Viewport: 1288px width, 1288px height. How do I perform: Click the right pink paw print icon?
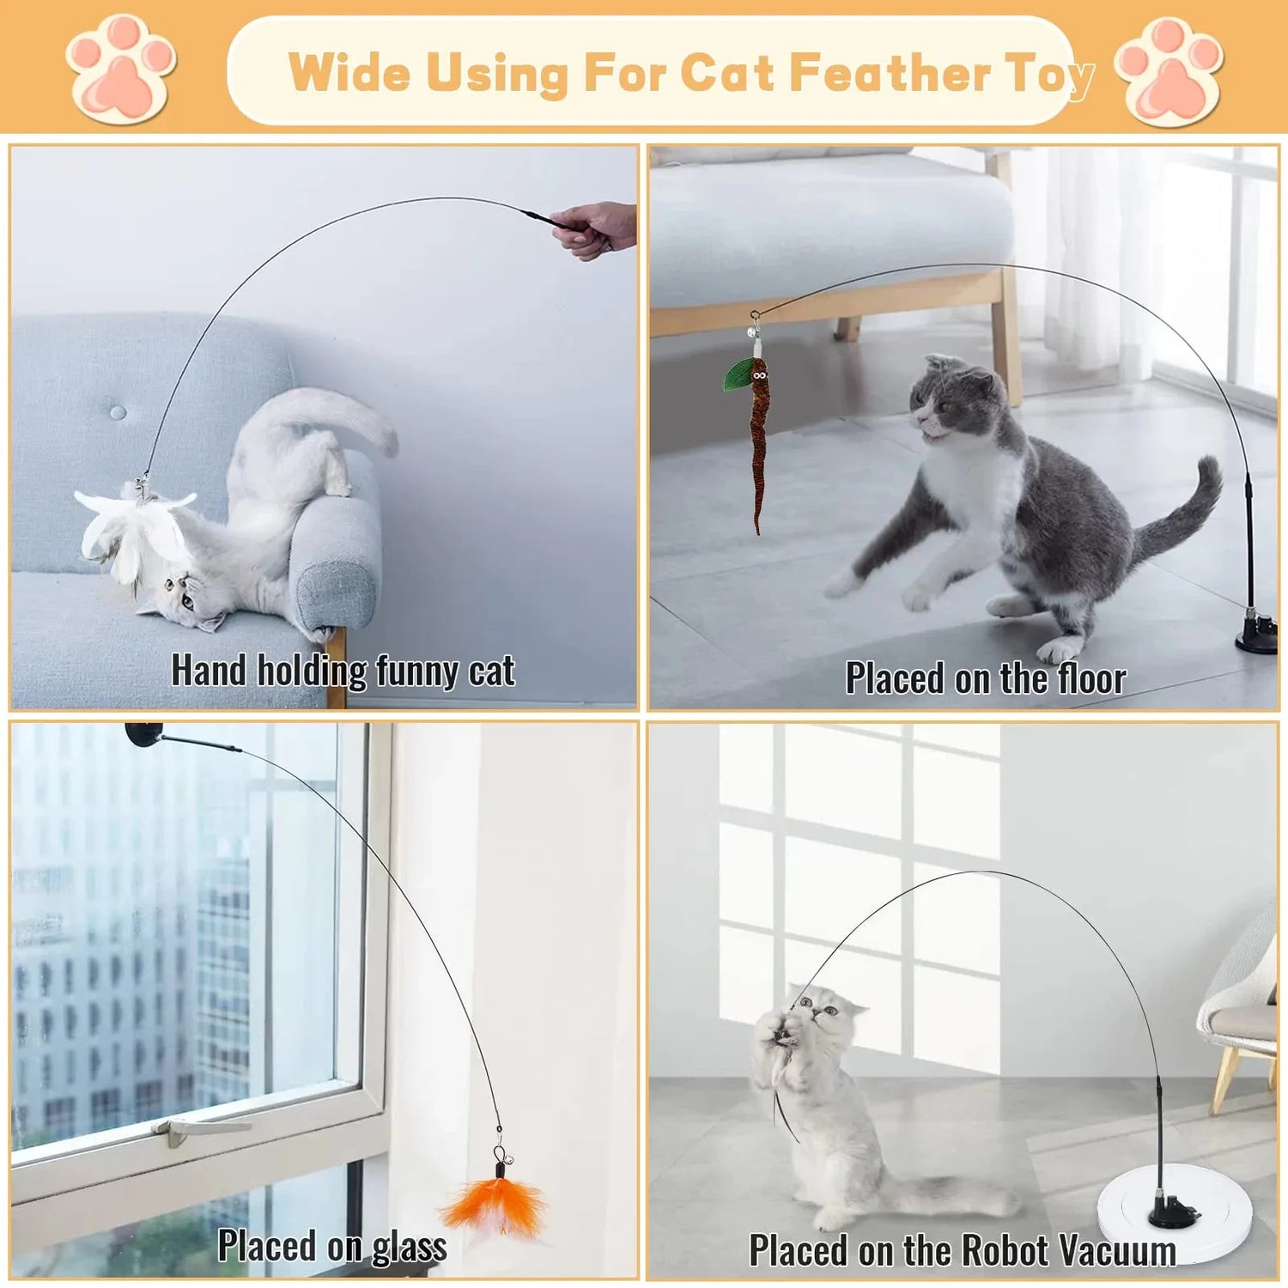coord(1170,72)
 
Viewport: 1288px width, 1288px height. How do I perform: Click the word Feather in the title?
coord(890,72)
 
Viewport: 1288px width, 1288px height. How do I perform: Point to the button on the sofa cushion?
coord(118,413)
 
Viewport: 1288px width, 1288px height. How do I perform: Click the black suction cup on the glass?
coord(143,735)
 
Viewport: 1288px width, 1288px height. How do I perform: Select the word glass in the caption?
coord(409,1248)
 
